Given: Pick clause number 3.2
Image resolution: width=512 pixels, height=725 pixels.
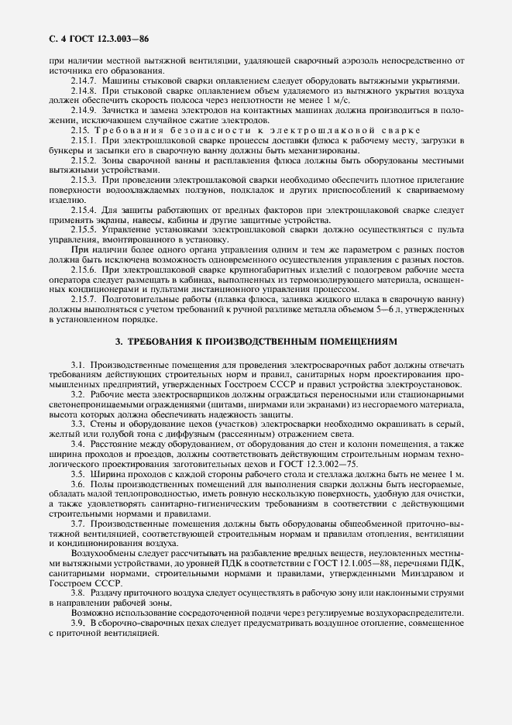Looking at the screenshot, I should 78,394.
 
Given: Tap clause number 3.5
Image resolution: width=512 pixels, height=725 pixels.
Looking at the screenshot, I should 78,473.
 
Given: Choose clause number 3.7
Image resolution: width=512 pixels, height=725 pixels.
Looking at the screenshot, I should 78,524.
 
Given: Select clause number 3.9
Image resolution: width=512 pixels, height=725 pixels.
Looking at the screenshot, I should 78,624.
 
